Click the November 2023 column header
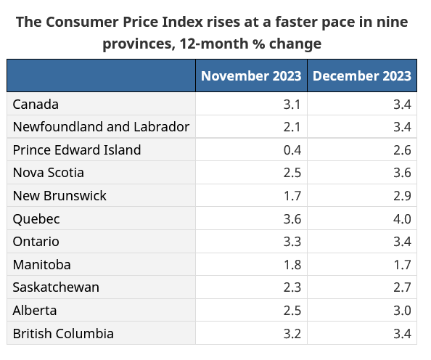(251, 75)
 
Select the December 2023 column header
(362, 75)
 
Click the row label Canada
(36, 104)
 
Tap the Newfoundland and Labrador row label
(101, 127)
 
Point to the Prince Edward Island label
(77, 150)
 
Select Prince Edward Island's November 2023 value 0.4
(292, 150)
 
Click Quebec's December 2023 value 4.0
(403, 218)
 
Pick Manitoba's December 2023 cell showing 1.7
(403, 264)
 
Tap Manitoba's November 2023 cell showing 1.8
(292, 264)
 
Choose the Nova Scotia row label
(49, 173)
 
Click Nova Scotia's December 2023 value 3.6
(403, 173)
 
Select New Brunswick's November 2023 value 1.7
(292, 196)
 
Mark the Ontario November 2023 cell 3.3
(292, 242)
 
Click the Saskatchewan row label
(56, 287)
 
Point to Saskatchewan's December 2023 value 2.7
(403, 287)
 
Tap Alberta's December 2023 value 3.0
(403, 310)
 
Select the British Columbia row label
(63, 333)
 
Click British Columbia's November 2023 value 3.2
(292, 333)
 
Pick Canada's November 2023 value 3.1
(292, 104)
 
